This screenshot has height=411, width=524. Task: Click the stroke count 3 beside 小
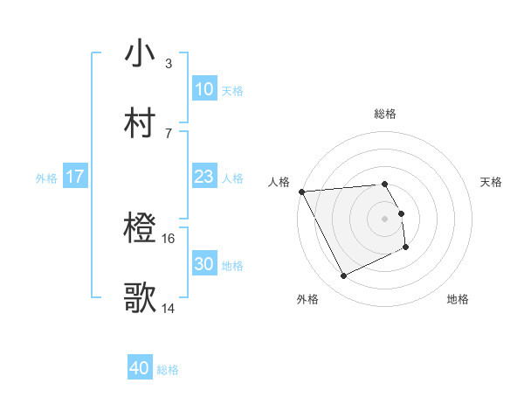(x=168, y=64)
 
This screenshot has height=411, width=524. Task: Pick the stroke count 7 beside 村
(x=168, y=133)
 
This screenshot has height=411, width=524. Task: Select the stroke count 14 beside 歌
(x=169, y=308)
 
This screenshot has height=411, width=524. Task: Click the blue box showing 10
(x=203, y=89)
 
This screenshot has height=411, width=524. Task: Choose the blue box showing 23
(x=203, y=177)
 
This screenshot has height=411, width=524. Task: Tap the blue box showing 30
(x=203, y=264)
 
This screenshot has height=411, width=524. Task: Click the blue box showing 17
(x=74, y=177)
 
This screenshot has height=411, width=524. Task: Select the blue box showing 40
(x=140, y=369)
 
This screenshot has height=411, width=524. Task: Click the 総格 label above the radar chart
(x=384, y=114)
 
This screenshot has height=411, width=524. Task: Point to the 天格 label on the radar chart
(x=491, y=182)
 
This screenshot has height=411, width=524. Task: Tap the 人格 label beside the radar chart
(x=279, y=182)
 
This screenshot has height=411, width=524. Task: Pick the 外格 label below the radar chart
(x=307, y=299)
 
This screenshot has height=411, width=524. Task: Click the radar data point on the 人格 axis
(x=301, y=192)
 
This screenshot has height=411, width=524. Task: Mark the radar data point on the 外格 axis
(x=343, y=276)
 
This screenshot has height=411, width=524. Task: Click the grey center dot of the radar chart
(x=384, y=219)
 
